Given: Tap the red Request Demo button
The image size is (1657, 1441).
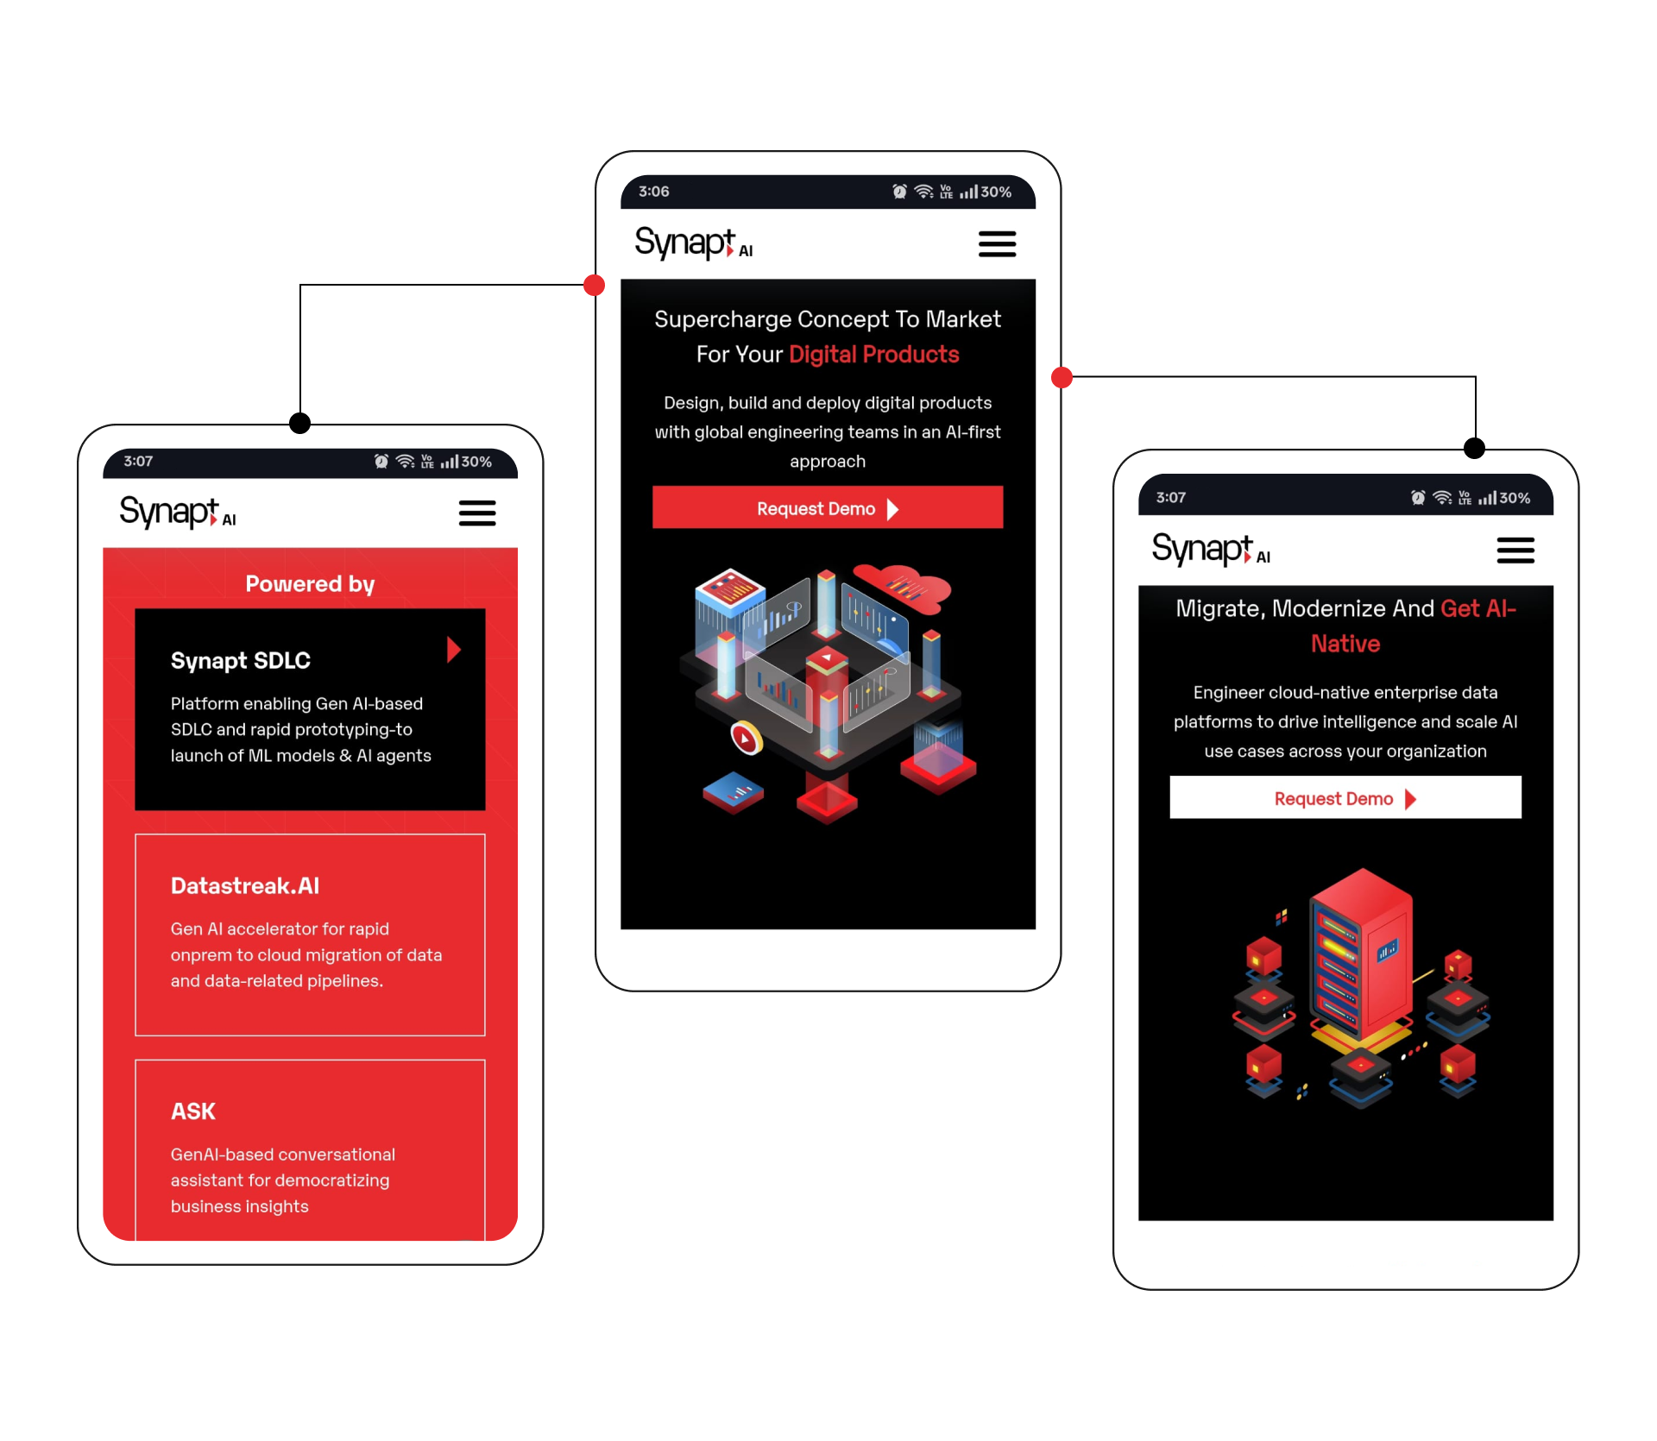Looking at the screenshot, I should coord(827,508).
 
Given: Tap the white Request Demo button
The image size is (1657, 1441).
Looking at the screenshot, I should coord(1345,798).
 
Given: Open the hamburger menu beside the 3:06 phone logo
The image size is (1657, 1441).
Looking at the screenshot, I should coord(997,244).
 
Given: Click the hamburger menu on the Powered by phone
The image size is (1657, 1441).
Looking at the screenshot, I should coord(476,513).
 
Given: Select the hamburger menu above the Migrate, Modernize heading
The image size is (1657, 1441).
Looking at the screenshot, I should coord(1515,551).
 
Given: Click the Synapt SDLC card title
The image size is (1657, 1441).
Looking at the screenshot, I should coord(241,661).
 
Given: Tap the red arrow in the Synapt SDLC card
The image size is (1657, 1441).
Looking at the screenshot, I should coord(454,650).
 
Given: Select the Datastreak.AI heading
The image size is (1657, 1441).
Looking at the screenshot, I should coord(245,886).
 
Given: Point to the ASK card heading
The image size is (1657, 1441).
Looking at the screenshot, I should coord(193,1111).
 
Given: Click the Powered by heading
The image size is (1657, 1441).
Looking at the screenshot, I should coord(310,584).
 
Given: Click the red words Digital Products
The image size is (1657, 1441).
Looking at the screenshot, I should coord(873,355).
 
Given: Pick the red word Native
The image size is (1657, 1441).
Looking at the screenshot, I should coord(1345,645).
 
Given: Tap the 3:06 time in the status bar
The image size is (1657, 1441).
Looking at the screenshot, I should coord(653,192).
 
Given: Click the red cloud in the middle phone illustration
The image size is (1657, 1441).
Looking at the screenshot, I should coord(903,587).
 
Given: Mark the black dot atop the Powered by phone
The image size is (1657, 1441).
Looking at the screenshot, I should coord(299,424).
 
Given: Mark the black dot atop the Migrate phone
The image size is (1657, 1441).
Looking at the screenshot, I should coord(1474,449).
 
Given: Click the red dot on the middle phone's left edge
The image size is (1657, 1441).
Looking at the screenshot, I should coord(594,286).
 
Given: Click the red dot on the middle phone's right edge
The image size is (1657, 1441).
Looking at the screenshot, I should coord(1062,377).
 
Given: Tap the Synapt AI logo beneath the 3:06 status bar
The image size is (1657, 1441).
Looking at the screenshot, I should coord(693,243).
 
